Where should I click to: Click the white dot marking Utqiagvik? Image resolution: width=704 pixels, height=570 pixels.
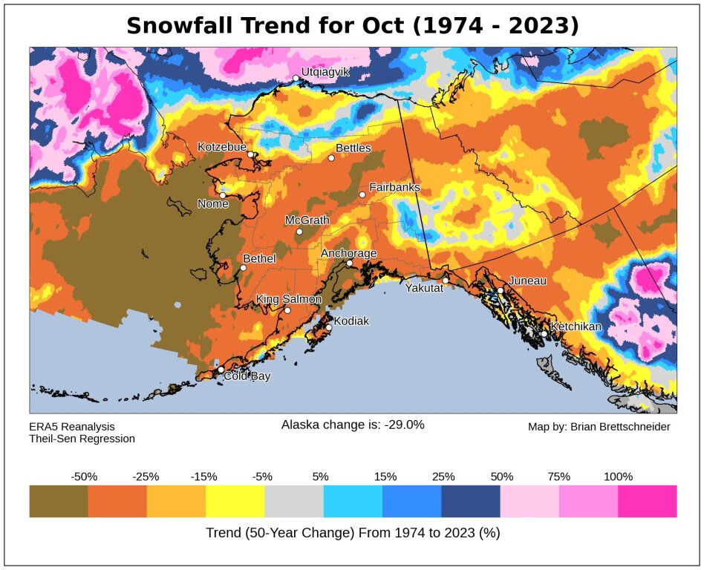(x=296, y=78)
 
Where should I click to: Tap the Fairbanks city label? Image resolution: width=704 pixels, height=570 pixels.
(x=394, y=187)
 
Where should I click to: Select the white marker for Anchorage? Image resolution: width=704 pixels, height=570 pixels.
(x=349, y=263)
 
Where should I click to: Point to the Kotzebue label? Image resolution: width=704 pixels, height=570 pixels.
(x=221, y=147)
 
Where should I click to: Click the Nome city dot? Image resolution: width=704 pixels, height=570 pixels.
(x=222, y=195)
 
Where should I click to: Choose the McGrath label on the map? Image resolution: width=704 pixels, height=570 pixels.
(x=307, y=220)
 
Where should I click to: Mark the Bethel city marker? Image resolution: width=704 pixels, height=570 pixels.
(x=243, y=268)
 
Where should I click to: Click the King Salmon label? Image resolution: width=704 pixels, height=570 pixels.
(x=289, y=299)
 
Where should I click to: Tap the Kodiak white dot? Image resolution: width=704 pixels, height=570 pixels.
(x=329, y=327)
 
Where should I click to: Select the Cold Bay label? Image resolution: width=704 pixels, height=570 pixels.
(x=248, y=376)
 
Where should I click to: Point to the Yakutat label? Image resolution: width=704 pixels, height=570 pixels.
(x=424, y=288)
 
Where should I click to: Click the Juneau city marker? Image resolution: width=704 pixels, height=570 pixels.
(x=501, y=290)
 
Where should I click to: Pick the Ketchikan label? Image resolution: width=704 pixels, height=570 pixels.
(x=576, y=327)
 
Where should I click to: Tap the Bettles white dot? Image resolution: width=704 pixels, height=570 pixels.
(x=331, y=157)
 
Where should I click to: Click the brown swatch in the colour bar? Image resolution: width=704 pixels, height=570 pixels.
(x=59, y=501)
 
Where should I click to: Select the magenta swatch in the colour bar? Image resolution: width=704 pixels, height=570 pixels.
(x=647, y=501)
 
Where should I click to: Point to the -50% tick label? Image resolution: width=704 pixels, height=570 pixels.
(x=84, y=476)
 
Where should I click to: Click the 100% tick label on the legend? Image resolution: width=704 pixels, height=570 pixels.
(x=618, y=476)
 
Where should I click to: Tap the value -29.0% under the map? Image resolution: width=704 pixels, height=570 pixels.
(x=404, y=425)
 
